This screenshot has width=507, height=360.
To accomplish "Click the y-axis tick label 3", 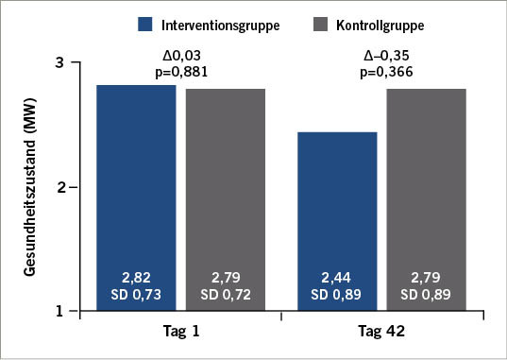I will [x=59, y=63].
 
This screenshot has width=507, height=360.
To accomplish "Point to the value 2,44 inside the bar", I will [x=336, y=277].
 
